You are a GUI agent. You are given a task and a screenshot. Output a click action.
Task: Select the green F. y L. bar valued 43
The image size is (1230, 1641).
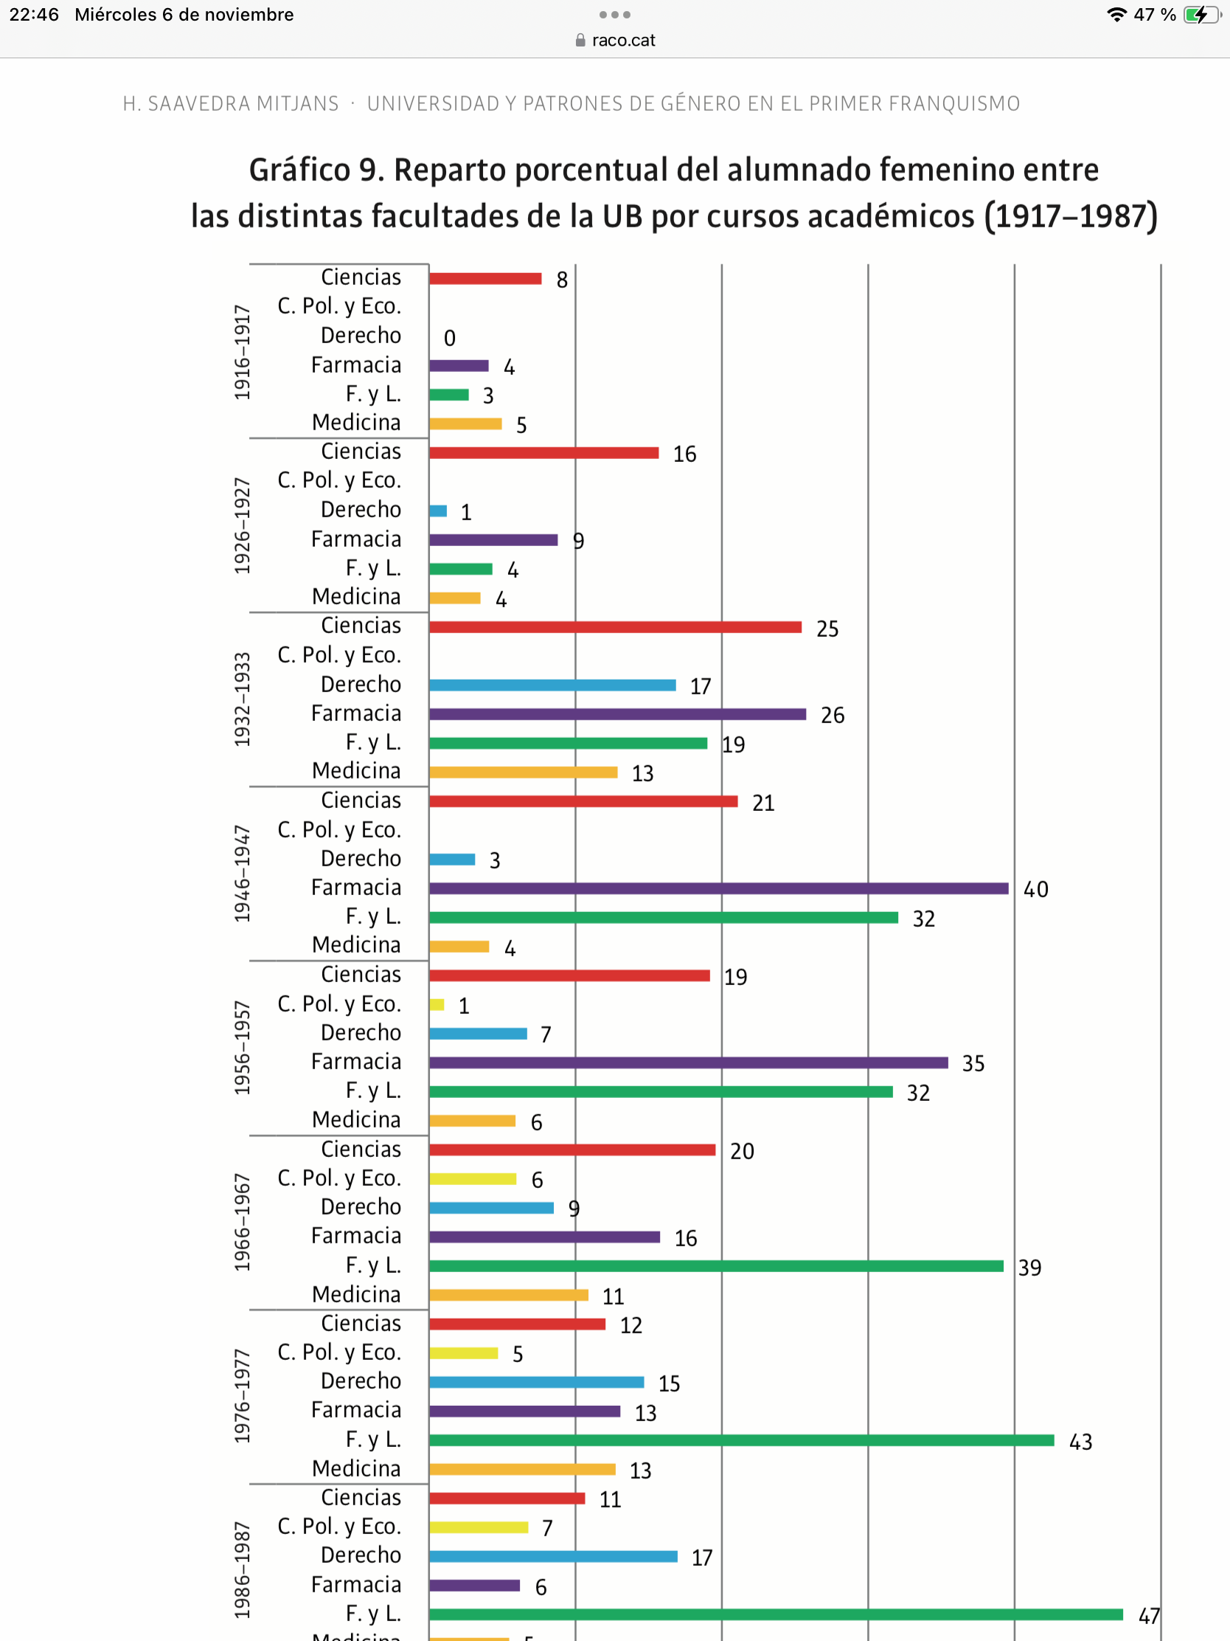740,1440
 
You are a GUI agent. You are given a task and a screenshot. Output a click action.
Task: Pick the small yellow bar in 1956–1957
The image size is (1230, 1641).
437,1004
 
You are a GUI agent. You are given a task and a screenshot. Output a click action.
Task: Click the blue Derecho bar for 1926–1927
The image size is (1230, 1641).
438,511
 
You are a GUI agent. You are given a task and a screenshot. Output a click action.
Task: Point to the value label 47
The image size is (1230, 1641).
1148,1616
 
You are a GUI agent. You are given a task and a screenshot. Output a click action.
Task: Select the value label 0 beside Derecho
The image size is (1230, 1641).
449,338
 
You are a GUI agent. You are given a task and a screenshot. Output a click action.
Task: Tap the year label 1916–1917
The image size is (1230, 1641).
243,352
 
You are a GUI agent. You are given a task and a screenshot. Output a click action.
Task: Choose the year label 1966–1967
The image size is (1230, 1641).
243,1222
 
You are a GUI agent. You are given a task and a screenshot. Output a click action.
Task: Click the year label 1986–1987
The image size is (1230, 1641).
243,1569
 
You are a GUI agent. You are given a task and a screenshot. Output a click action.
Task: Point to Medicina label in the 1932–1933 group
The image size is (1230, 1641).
356,771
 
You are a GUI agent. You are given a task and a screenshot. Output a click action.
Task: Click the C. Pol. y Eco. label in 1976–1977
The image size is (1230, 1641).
338,1352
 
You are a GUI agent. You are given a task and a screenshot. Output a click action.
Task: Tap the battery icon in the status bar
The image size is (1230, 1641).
1201,15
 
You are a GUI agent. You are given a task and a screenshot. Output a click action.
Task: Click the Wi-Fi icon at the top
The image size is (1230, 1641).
1116,15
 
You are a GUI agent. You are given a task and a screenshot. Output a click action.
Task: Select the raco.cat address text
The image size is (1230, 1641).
623,40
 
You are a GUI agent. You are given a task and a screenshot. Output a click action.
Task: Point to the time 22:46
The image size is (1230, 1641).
34,15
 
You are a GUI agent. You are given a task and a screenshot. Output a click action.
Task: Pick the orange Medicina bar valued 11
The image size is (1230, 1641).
508,1294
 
